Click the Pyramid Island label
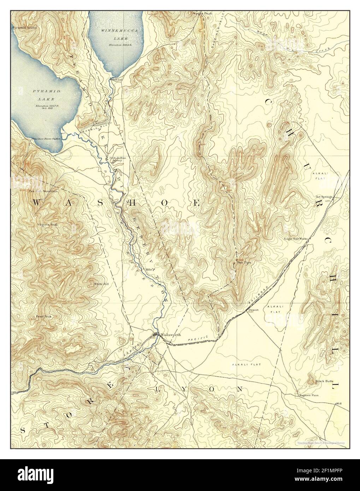[24, 27]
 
